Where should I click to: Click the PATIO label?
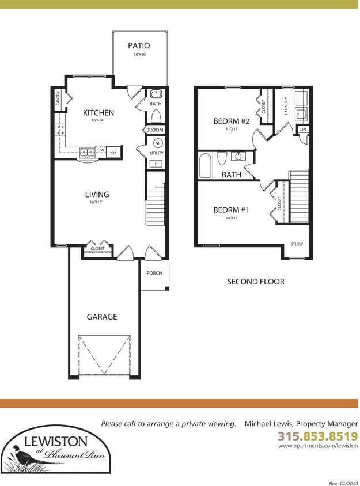pyautogui.click(x=139, y=46)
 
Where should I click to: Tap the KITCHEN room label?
pyautogui.click(x=98, y=113)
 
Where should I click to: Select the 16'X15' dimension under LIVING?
pyautogui.click(x=96, y=202)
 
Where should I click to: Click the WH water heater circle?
pyautogui.click(x=158, y=143)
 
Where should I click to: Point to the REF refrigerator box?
pyautogui.click(x=113, y=152)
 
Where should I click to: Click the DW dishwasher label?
pyautogui.click(x=101, y=150)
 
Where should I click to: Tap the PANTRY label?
pyautogui.click(x=58, y=98)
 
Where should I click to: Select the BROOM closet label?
pyautogui.click(x=155, y=130)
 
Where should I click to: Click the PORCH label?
pyautogui.click(x=154, y=273)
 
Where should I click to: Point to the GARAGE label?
pyautogui.click(x=102, y=317)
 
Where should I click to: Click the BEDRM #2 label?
pyautogui.click(x=232, y=121)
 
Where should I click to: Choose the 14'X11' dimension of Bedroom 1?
pyautogui.click(x=232, y=218)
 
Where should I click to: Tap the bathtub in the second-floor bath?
pyautogui.click(x=205, y=166)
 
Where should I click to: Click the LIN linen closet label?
pyautogui.click(x=303, y=130)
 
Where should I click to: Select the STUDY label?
pyautogui.click(x=297, y=244)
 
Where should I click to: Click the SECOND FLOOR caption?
pyautogui.click(x=256, y=282)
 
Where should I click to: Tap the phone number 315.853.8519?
pyautogui.click(x=318, y=436)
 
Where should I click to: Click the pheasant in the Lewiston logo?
pyautogui.click(x=23, y=455)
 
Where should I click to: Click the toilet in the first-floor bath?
pyautogui.click(x=156, y=117)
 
